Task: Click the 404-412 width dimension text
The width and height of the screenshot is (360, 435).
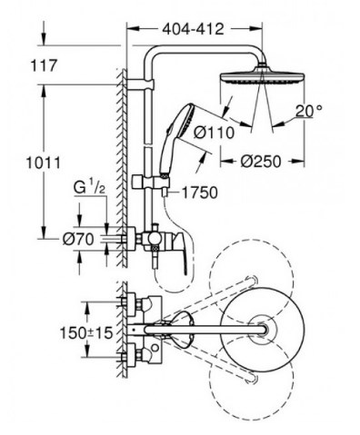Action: (193, 29)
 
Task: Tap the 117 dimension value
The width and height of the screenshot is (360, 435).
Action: (44, 65)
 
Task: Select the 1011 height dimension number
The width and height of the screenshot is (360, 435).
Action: (44, 163)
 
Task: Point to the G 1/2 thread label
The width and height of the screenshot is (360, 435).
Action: (89, 187)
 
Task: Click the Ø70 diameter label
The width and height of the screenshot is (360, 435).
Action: (78, 240)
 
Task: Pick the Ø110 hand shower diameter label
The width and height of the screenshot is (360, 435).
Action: (214, 133)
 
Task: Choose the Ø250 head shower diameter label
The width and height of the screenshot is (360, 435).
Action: (261, 162)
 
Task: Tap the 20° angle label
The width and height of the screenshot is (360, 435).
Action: (304, 111)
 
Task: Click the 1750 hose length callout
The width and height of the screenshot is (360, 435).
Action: (199, 193)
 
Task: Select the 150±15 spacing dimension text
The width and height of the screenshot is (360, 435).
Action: (86, 333)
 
